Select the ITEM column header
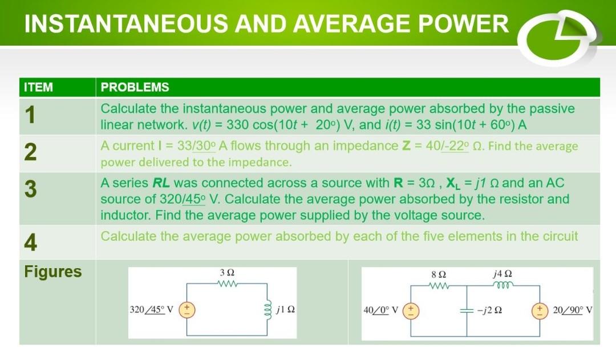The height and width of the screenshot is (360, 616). (x=38, y=87)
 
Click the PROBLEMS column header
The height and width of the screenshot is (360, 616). (x=135, y=87)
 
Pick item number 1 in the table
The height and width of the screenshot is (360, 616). (x=30, y=115)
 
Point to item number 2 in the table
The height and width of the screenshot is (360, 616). (x=31, y=153)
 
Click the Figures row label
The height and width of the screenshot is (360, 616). (x=53, y=272)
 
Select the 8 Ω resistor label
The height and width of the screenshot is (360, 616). (x=439, y=273)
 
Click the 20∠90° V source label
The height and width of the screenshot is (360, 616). (x=573, y=311)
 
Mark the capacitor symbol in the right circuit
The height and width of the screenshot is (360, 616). (x=467, y=311)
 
